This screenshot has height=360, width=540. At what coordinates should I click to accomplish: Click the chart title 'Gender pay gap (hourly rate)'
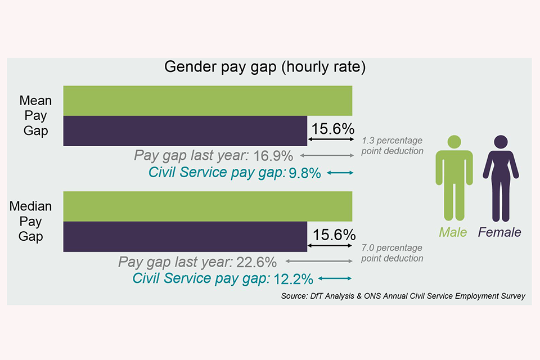265,67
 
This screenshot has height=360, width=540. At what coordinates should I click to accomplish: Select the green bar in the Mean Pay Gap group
208,101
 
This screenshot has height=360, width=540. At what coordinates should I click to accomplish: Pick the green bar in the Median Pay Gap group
208,206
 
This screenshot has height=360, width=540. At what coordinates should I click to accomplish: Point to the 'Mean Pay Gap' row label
35,116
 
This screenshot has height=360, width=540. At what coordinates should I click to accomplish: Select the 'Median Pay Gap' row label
31,221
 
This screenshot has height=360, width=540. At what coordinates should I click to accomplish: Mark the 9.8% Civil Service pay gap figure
304,173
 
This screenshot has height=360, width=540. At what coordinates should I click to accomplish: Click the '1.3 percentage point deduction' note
392,146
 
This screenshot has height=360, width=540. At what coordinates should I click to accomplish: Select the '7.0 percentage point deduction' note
392,253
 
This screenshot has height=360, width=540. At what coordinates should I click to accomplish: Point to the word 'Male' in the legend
453,232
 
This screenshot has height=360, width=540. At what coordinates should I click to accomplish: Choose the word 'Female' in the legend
499,232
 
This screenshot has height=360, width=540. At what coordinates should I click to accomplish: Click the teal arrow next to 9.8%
340,173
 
